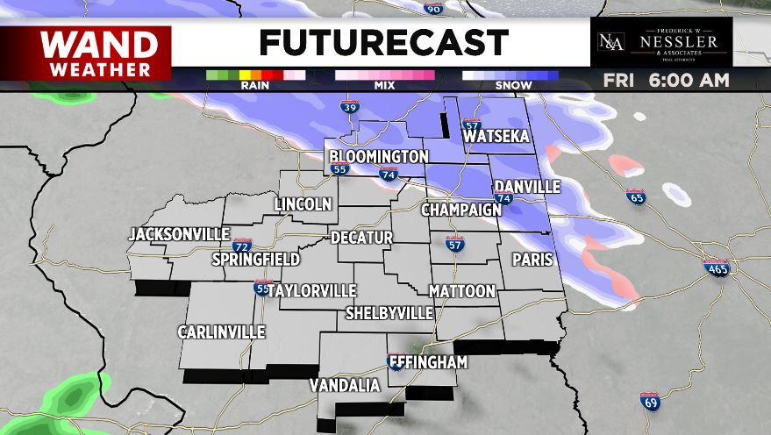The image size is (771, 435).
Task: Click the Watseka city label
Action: [496, 138]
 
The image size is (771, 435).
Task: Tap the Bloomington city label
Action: [379, 157]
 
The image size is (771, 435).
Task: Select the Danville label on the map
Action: [527, 187]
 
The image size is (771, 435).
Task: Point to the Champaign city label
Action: [460, 210]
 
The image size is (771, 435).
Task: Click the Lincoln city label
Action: [303, 204]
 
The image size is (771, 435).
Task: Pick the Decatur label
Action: [361, 238]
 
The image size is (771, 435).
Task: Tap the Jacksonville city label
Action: [179, 234]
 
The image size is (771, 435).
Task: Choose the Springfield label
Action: [256, 260]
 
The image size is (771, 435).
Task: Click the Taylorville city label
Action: [312, 290]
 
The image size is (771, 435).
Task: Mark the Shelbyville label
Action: [389, 313]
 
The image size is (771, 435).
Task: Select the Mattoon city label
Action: [462, 291]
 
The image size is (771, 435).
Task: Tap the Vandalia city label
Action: [345, 386]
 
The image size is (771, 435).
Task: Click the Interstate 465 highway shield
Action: [717, 268]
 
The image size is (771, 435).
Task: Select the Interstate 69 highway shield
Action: [649, 401]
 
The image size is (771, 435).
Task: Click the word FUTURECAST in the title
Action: [383, 42]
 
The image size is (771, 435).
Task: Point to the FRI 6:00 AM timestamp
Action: [667, 81]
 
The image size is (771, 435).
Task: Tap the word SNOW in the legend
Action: [511, 86]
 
